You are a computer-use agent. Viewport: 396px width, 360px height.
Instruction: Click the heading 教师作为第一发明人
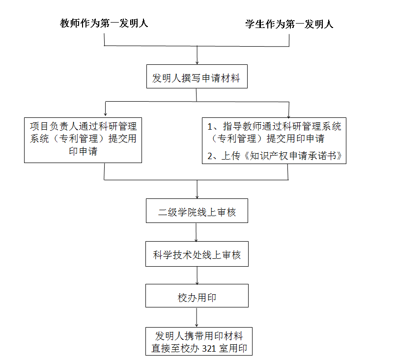tap(104, 23)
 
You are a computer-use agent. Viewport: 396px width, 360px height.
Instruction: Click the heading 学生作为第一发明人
tap(289, 24)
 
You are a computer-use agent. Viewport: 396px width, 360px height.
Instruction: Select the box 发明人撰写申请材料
tap(197, 78)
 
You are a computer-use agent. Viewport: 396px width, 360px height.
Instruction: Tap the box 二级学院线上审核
tap(197, 212)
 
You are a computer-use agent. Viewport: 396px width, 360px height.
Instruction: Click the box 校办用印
tap(197, 298)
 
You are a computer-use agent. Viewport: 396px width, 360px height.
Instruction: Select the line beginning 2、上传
tap(274, 156)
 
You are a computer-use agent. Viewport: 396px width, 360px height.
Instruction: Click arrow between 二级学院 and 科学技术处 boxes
tap(197, 235)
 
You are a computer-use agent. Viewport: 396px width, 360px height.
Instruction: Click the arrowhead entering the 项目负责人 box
tap(105, 113)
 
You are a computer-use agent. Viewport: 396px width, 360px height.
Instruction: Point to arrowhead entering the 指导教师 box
tap(289, 113)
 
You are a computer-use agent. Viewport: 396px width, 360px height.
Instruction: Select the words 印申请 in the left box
tap(83, 151)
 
